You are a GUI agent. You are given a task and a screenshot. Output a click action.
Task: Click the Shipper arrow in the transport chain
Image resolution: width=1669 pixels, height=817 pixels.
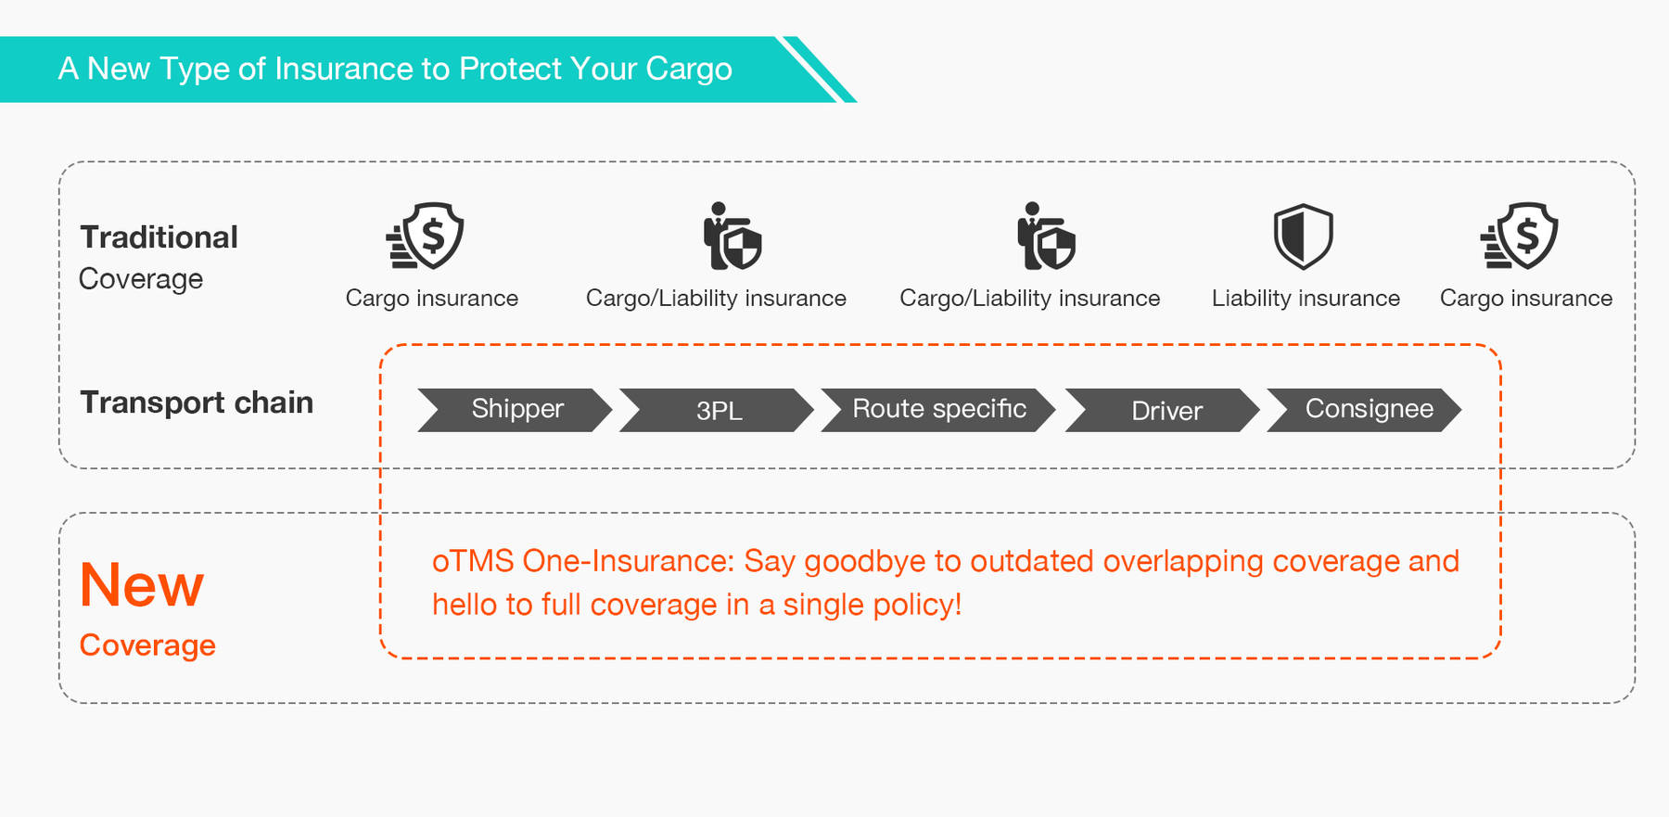click(516, 410)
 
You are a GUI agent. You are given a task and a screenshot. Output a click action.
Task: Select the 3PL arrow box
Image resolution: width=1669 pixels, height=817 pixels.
click(717, 410)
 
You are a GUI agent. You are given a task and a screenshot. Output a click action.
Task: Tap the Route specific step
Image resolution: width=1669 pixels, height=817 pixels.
click(938, 410)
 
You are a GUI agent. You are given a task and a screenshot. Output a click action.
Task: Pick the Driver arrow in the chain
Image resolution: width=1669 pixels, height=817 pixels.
click(1163, 410)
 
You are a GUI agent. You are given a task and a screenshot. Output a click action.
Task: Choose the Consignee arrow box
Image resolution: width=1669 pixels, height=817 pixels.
click(1364, 410)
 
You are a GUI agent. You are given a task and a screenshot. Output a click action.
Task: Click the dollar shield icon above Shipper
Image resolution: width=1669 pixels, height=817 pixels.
click(426, 236)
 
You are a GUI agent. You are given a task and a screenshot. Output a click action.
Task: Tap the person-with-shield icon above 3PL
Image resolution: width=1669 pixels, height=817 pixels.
click(732, 236)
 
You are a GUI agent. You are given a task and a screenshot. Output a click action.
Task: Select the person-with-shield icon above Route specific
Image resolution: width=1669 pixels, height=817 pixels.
click(1046, 236)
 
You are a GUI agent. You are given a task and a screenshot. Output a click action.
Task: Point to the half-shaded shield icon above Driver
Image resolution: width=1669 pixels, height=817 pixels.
click(1303, 236)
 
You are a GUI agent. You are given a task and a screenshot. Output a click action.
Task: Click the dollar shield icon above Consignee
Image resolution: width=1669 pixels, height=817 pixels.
click(1520, 236)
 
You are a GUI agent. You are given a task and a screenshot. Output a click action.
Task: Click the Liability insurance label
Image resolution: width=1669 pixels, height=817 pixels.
click(1306, 299)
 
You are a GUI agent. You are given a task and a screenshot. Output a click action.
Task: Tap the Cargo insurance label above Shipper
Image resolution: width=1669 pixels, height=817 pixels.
click(432, 300)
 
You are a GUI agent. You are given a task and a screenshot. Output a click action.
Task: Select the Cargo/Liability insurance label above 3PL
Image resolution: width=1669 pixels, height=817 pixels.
click(716, 299)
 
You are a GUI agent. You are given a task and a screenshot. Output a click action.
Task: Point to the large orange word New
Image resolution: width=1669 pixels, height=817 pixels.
click(142, 585)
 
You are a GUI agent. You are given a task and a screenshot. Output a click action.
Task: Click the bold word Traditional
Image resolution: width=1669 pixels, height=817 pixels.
click(159, 237)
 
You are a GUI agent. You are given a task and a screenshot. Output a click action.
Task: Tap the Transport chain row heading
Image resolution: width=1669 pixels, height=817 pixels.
click(197, 402)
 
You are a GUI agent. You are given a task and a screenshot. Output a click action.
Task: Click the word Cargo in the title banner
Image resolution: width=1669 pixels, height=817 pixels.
click(689, 70)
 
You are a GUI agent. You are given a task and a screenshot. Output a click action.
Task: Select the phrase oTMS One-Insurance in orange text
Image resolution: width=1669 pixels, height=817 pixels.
click(583, 561)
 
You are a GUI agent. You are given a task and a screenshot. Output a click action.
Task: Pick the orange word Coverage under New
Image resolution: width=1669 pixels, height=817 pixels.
click(147, 645)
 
